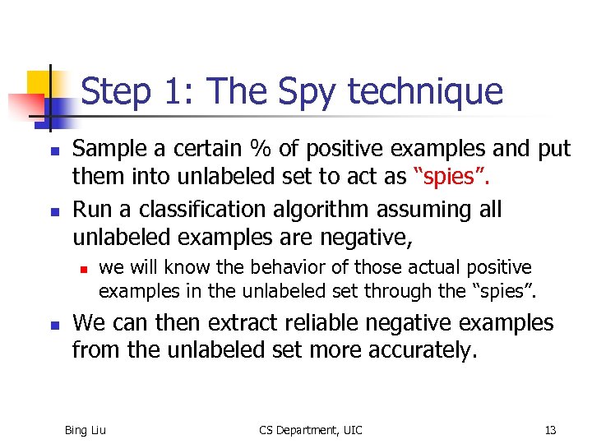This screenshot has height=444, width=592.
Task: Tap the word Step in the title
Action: pos(116,91)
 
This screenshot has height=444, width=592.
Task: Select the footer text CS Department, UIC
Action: pos(310,429)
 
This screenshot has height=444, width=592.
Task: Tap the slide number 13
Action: pos(550,429)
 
